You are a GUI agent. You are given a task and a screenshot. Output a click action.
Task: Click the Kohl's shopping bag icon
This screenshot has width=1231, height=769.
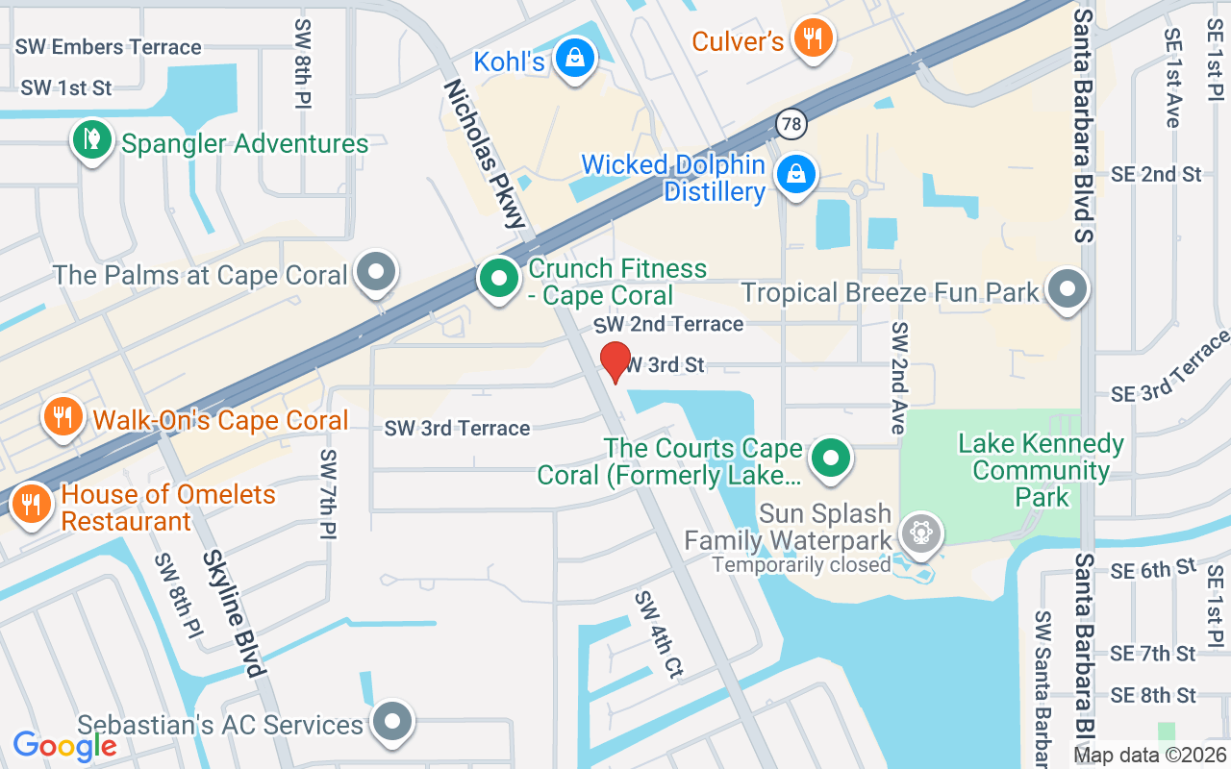tap(574, 58)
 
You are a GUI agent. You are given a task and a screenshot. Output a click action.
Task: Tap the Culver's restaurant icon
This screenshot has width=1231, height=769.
tap(813, 37)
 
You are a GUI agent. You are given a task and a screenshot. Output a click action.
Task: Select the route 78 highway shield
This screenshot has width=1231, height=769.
tap(791, 123)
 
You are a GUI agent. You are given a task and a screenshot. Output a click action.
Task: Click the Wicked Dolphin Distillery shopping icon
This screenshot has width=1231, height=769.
tap(796, 174)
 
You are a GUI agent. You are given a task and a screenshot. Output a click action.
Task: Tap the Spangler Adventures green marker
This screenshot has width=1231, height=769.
tap(91, 139)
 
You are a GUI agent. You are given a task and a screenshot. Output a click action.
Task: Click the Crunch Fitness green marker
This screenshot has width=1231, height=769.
tap(498, 280)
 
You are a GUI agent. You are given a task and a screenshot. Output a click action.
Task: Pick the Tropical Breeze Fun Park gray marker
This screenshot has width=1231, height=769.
tap(1066, 287)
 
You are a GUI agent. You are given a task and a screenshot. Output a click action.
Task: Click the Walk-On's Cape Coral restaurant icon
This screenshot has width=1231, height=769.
tap(63, 416)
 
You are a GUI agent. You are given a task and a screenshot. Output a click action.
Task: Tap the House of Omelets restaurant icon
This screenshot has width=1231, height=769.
tap(31, 503)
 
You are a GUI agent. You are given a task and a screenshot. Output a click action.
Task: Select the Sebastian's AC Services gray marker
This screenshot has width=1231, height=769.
tap(391, 721)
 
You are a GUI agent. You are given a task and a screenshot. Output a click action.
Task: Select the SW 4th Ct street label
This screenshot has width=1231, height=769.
tap(658, 635)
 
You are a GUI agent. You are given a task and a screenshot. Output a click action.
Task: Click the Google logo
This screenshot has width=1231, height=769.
tap(64, 745)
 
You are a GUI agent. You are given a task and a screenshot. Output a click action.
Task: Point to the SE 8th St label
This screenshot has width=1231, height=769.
tap(1153, 695)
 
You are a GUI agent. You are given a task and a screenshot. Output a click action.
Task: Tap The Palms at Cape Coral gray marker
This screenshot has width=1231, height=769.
tap(375, 271)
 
